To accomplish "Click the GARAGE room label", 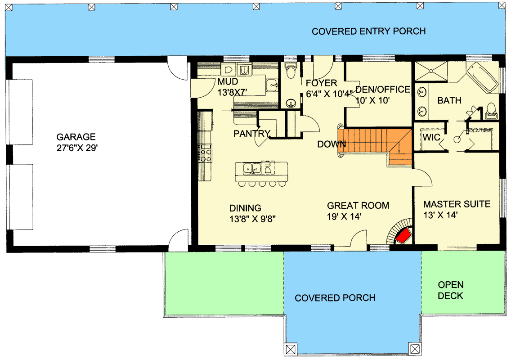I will [76, 136].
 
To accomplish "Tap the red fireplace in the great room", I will [403, 235].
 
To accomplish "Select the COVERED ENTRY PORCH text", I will [368, 31].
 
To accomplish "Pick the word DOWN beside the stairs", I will [331, 144].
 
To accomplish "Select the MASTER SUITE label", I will [457, 204].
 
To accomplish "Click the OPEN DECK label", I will [451, 290].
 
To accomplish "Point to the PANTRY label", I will [251, 133].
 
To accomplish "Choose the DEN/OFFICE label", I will [383, 89].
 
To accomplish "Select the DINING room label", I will [245, 208].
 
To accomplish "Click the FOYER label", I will [321, 83].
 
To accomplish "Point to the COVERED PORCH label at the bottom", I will [335, 298].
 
